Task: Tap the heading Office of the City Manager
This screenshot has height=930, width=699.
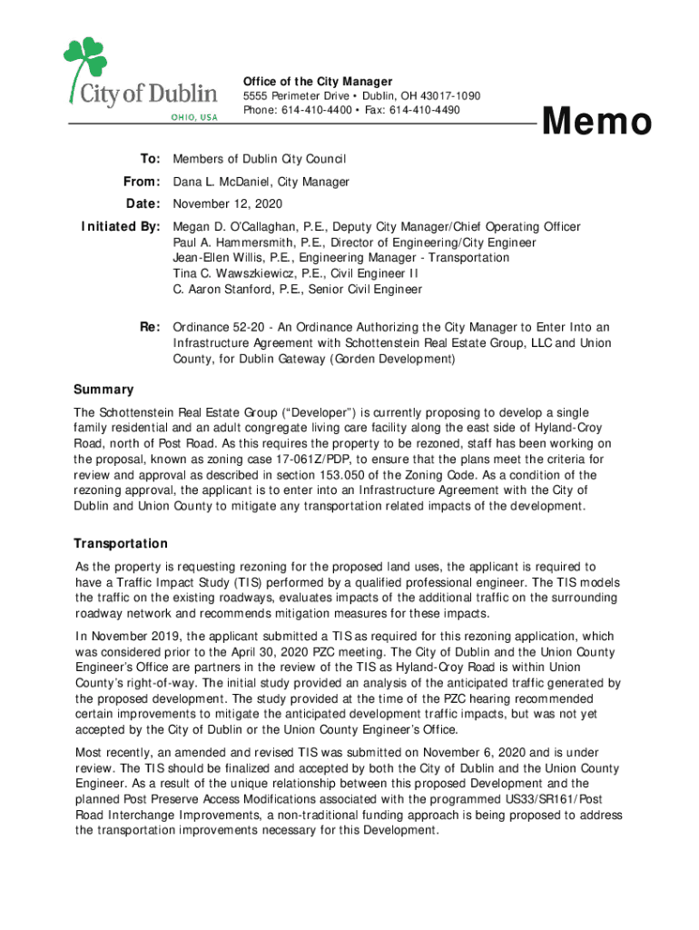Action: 317,82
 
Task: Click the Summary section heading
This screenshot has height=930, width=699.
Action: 103,390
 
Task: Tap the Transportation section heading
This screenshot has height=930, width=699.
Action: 121,543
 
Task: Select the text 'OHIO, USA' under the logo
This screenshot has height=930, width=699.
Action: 191,117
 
